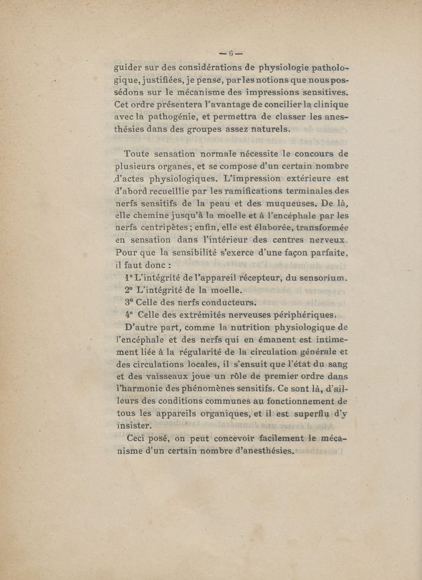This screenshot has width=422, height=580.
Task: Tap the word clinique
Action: (328, 104)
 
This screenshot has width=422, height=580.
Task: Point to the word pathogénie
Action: (184, 117)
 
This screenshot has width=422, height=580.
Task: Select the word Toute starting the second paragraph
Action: (139, 154)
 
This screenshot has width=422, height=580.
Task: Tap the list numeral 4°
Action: (129, 315)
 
